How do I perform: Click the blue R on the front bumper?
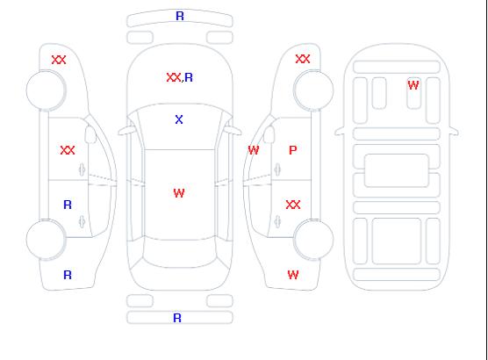pyautogui.click(x=180, y=16)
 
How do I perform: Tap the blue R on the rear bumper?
pyautogui.click(x=177, y=318)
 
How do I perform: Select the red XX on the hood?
pyautogui.click(x=174, y=77)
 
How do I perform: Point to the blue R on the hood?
pyautogui.click(x=189, y=77)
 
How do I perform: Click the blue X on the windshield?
pyautogui.click(x=179, y=119)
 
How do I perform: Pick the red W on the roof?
pyautogui.click(x=179, y=193)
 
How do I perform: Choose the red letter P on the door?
pyautogui.click(x=293, y=150)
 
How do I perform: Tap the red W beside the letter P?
pyautogui.click(x=254, y=150)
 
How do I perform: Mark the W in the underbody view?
pyautogui.click(x=413, y=85)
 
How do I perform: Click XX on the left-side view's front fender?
pyautogui.click(x=59, y=60)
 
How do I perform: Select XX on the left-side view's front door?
pyautogui.click(x=68, y=150)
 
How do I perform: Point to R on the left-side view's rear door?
pyautogui.click(x=68, y=205)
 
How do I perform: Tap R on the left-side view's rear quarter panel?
pyautogui.click(x=68, y=275)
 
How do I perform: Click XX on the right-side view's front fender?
pyautogui.click(x=303, y=59)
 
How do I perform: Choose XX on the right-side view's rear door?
pyautogui.click(x=293, y=205)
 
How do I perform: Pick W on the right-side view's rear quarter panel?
pyautogui.click(x=293, y=275)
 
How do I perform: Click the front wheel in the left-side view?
pyautogui.click(x=46, y=90)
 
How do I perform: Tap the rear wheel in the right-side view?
pyautogui.click(x=313, y=239)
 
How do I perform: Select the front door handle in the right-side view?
pyautogui.click(x=277, y=169)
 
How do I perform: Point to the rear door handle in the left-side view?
pyautogui.click(x=82, y=221)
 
